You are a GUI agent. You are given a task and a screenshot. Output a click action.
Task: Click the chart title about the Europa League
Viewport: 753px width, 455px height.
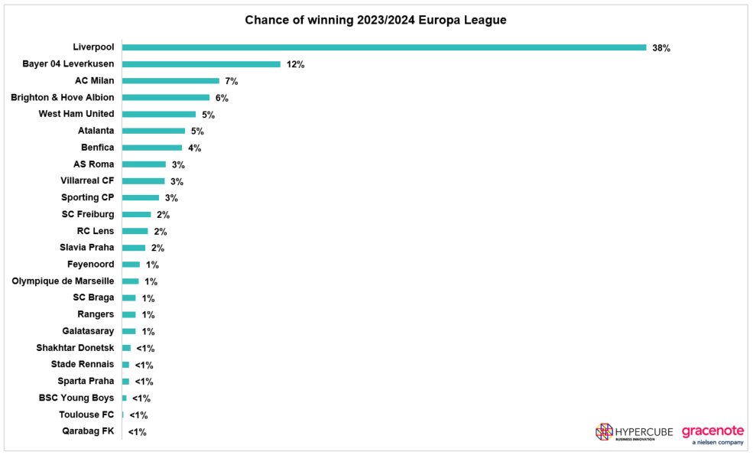[375, 20]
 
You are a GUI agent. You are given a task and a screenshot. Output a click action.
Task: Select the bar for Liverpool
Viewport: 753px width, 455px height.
[384, 47]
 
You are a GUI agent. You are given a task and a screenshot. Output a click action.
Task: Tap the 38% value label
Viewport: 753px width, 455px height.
[661, 48]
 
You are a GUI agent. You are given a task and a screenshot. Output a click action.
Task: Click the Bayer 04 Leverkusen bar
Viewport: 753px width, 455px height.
[201, 64]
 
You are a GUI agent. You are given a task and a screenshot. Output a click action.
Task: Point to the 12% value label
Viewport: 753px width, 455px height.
[296, 65]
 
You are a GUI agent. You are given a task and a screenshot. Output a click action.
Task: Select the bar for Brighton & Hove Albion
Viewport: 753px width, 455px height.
[165, 98]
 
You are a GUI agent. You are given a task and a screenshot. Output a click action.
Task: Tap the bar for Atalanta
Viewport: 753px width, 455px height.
[153, 131]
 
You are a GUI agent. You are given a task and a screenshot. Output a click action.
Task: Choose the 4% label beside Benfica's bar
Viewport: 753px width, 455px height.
[194, 148]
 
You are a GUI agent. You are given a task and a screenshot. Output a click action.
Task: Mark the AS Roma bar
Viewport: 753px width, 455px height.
[144, 164]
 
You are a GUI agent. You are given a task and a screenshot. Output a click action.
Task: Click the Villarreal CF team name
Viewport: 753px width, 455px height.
[87, 181]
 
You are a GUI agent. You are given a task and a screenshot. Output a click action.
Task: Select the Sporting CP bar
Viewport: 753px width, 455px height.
[141, 198]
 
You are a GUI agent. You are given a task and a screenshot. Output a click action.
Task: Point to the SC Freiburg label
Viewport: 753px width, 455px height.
[88, 215]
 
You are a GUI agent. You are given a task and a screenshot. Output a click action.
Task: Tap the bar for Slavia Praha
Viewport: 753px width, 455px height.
[134, 248]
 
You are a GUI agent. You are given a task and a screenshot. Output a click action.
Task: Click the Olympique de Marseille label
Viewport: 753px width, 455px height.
[63, 281]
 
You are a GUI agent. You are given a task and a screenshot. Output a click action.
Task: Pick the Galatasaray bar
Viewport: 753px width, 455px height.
[128, 331]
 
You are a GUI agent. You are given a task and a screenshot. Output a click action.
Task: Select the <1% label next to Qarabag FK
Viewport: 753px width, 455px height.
[137, 432]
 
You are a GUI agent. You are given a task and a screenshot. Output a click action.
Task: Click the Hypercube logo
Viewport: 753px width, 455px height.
[634, 432]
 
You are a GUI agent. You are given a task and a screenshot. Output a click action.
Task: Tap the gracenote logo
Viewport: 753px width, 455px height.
[712, 433]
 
